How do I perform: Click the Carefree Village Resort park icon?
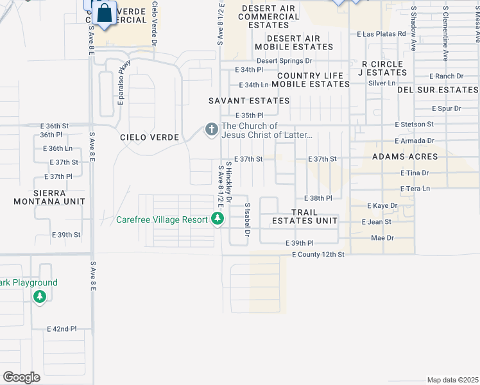218,219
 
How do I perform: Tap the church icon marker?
210,130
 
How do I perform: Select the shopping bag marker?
103,13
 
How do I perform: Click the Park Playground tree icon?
40,296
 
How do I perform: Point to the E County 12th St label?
318,255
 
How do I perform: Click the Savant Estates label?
249,101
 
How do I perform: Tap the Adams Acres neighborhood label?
406,157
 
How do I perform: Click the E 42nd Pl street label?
62,329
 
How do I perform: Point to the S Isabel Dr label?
247,220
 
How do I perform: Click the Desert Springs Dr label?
284,61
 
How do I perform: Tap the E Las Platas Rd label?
381,34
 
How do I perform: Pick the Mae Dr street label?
382,238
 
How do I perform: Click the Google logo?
21,377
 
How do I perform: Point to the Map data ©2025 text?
452,380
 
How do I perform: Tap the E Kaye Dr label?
382,206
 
